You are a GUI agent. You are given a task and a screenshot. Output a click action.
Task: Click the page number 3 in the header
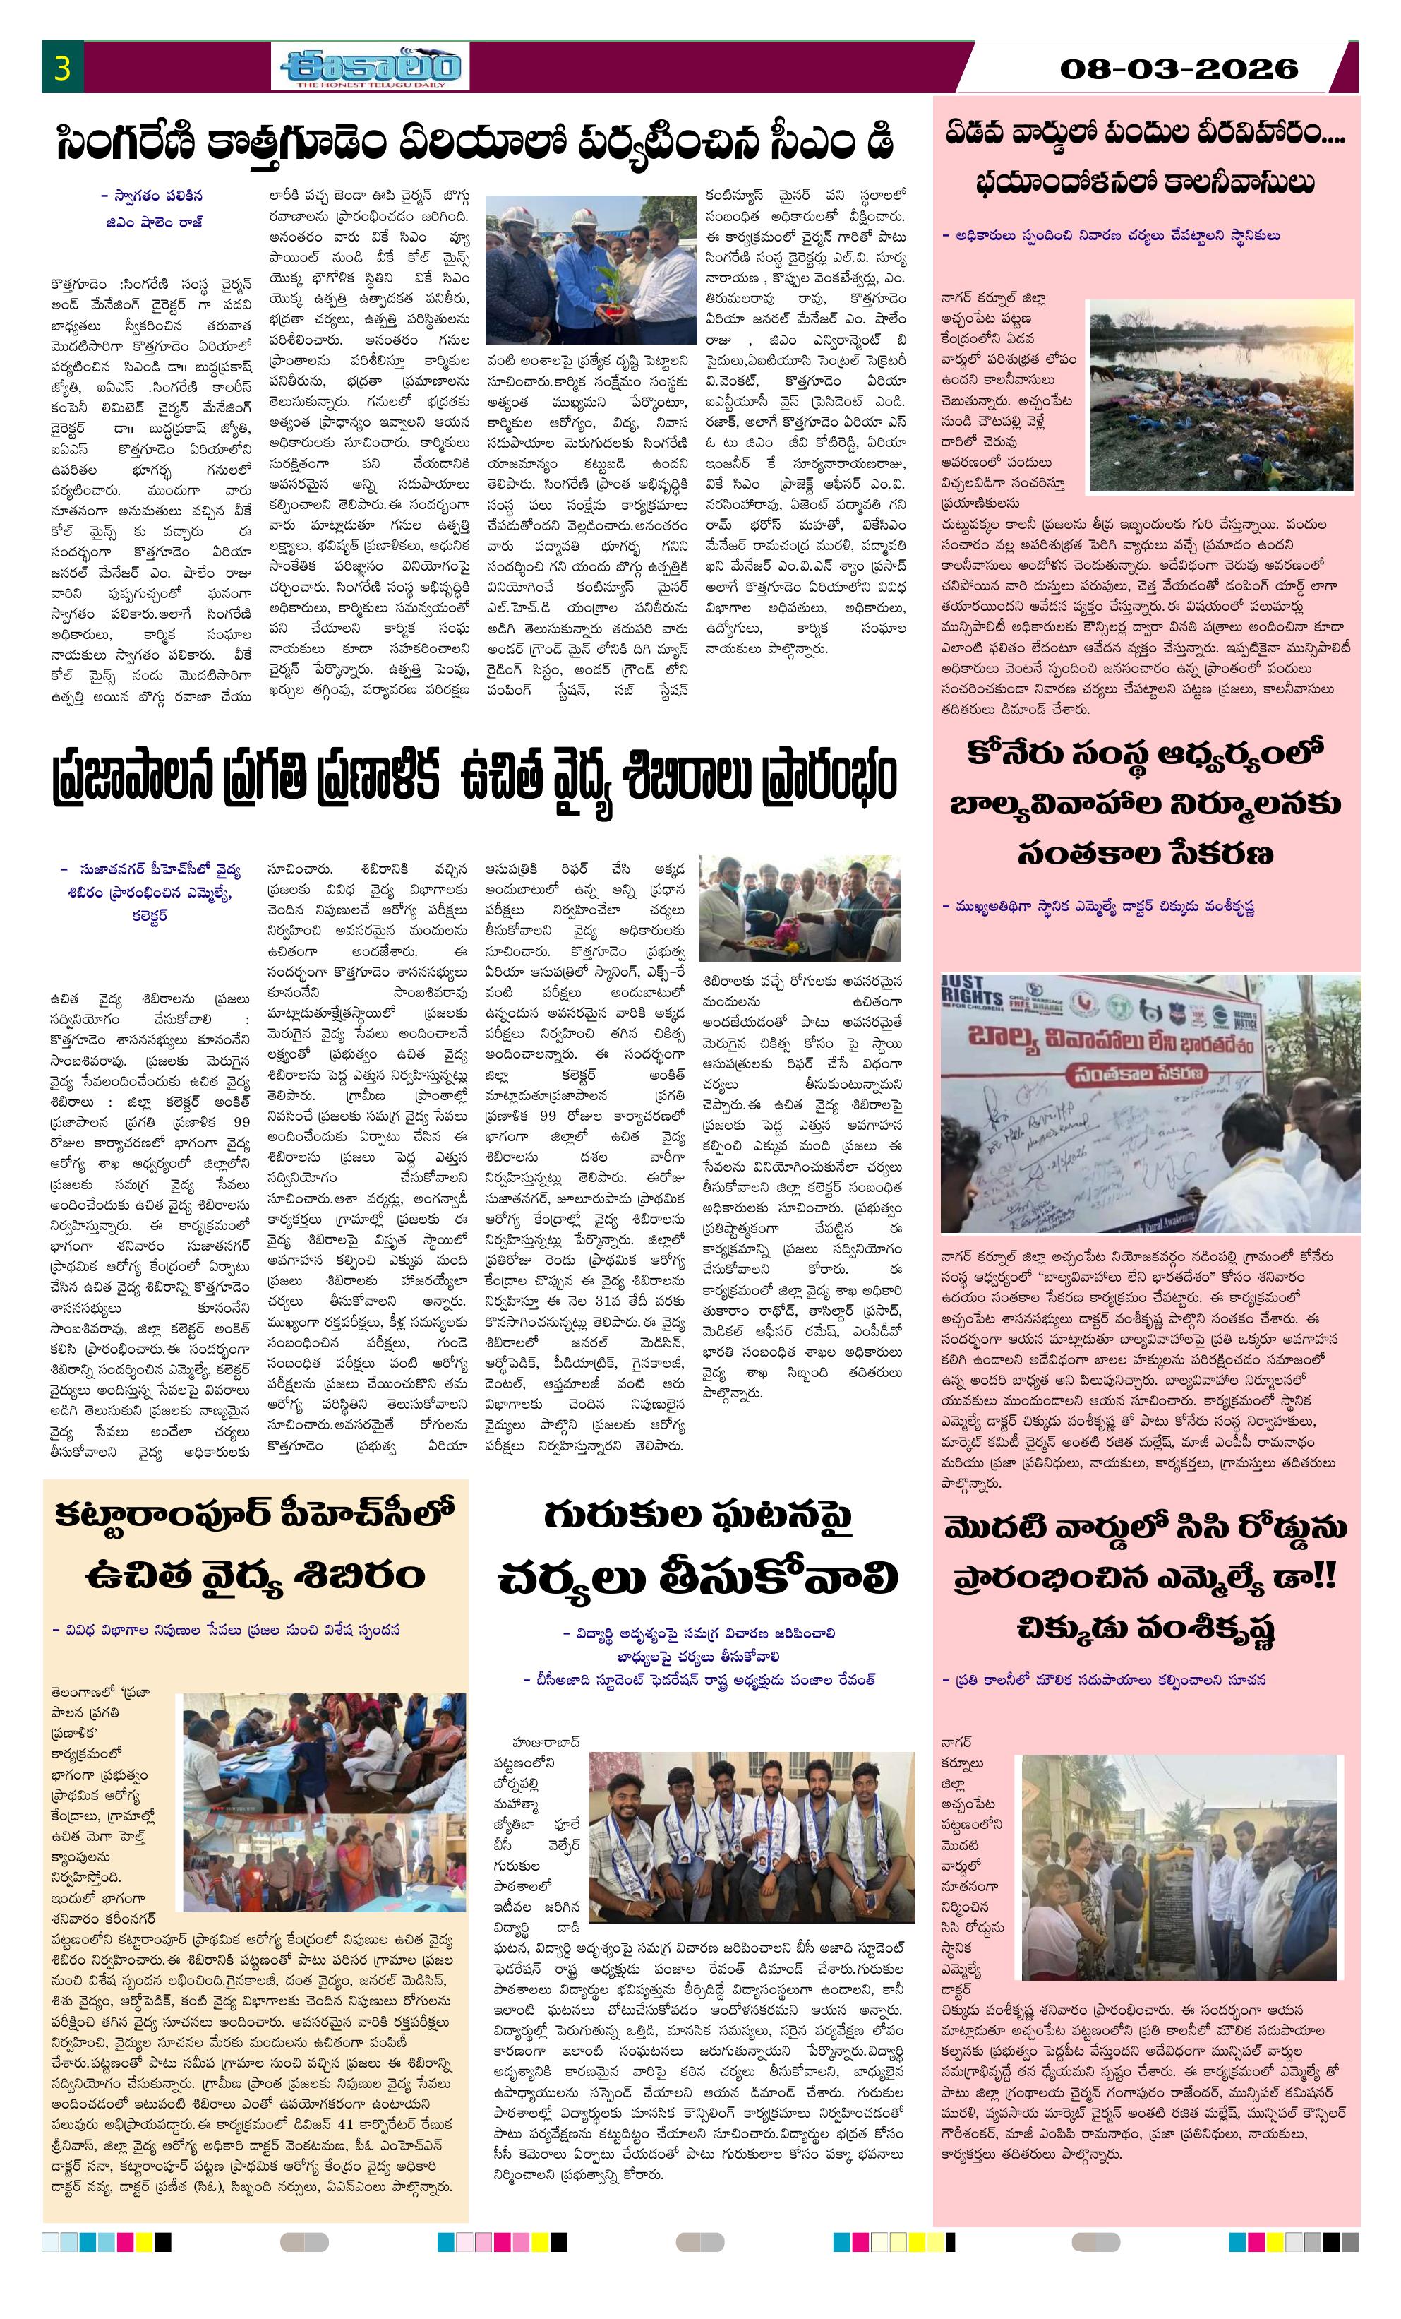63,68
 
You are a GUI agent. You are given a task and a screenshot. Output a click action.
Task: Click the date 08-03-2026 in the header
1178,68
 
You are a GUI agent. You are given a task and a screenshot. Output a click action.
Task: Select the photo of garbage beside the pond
1220,395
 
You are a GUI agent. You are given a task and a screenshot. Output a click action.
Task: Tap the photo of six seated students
751,1824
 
